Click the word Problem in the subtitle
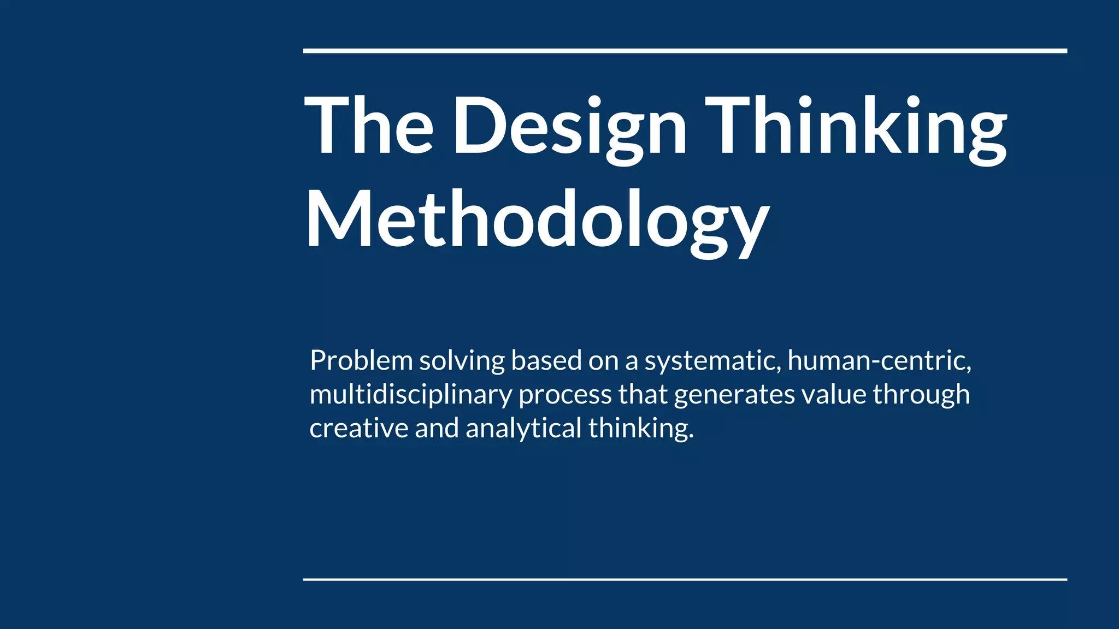361,361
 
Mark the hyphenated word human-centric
879,361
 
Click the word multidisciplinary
410,395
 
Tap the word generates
734,395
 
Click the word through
921,395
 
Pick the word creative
358,428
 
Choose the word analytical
523,429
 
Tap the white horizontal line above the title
685,51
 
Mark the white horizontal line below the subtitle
685,579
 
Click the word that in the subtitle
643,394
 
